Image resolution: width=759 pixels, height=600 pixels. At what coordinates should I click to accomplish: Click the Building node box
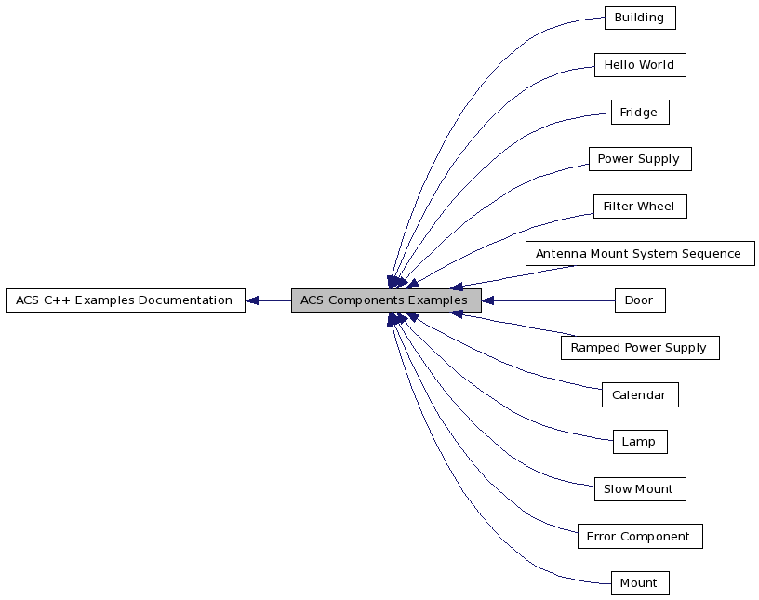click(x=639, y=18)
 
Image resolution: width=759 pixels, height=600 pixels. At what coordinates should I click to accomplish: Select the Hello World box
click(x=639, y=65)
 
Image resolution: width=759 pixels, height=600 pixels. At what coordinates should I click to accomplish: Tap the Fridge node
click(x=639, y=113)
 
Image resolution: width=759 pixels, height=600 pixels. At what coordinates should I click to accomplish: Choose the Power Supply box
click(x=639, y=159)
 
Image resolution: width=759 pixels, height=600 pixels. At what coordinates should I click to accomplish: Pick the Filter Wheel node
click(x=639, y=207)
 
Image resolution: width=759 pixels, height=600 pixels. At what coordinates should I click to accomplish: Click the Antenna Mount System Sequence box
click(x=639, y=254)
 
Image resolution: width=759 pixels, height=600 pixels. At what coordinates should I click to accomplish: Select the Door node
click(x=639, y=300)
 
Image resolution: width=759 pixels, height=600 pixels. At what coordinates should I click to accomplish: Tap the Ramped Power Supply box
click(x=639, y=348)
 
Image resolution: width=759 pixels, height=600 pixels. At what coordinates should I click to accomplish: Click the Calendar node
click(x=639, y=395)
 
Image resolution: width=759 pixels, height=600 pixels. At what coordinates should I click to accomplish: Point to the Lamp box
click(x=639, y=442)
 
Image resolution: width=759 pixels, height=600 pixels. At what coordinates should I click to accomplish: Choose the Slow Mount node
click(x=639, y=489)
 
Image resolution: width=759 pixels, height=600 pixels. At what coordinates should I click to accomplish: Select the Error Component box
click(x=639, y=537)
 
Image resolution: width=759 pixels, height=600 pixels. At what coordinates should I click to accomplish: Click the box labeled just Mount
click(x=639, y=583)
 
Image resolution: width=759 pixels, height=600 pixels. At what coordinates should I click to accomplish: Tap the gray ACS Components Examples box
click(x=385, y=300)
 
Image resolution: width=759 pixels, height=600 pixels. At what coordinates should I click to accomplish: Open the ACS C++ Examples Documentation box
click(x=125, y=300)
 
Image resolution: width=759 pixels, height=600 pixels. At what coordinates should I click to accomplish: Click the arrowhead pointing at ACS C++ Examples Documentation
click(x=252, y=300)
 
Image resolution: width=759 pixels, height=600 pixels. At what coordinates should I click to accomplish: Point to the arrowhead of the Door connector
click(x=487, y=300)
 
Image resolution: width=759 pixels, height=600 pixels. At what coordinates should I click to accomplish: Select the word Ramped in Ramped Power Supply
click(x=594, y=348)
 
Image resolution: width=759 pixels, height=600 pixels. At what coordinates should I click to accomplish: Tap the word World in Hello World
click(x=658, y=65)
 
